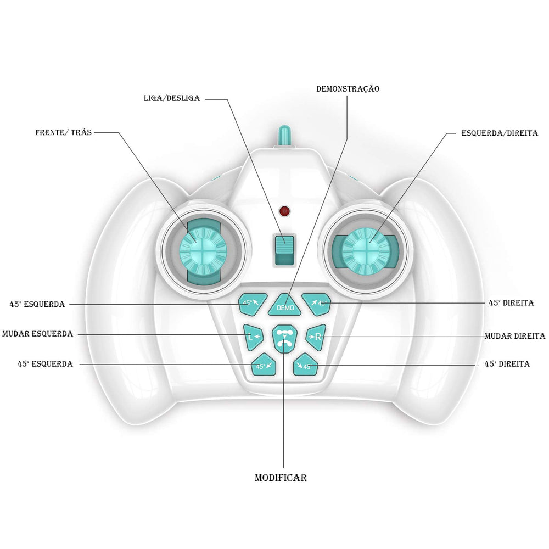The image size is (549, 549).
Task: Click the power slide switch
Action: [284, 250]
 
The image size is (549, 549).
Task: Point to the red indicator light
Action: [284, 211]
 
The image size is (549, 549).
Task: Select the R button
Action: [316, 336]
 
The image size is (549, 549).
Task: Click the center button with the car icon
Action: [284, 339]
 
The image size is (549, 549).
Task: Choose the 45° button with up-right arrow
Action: [317, 303]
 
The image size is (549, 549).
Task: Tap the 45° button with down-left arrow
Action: [263, 365]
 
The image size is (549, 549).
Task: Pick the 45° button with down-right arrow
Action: [305, 365]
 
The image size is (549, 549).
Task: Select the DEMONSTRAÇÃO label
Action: [348, 88]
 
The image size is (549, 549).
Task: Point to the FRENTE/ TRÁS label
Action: [64, 132]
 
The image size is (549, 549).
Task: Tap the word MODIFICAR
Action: [281, 478]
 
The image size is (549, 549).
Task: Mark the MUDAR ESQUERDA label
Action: [37, 334]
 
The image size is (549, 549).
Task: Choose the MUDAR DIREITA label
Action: [514, 336]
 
